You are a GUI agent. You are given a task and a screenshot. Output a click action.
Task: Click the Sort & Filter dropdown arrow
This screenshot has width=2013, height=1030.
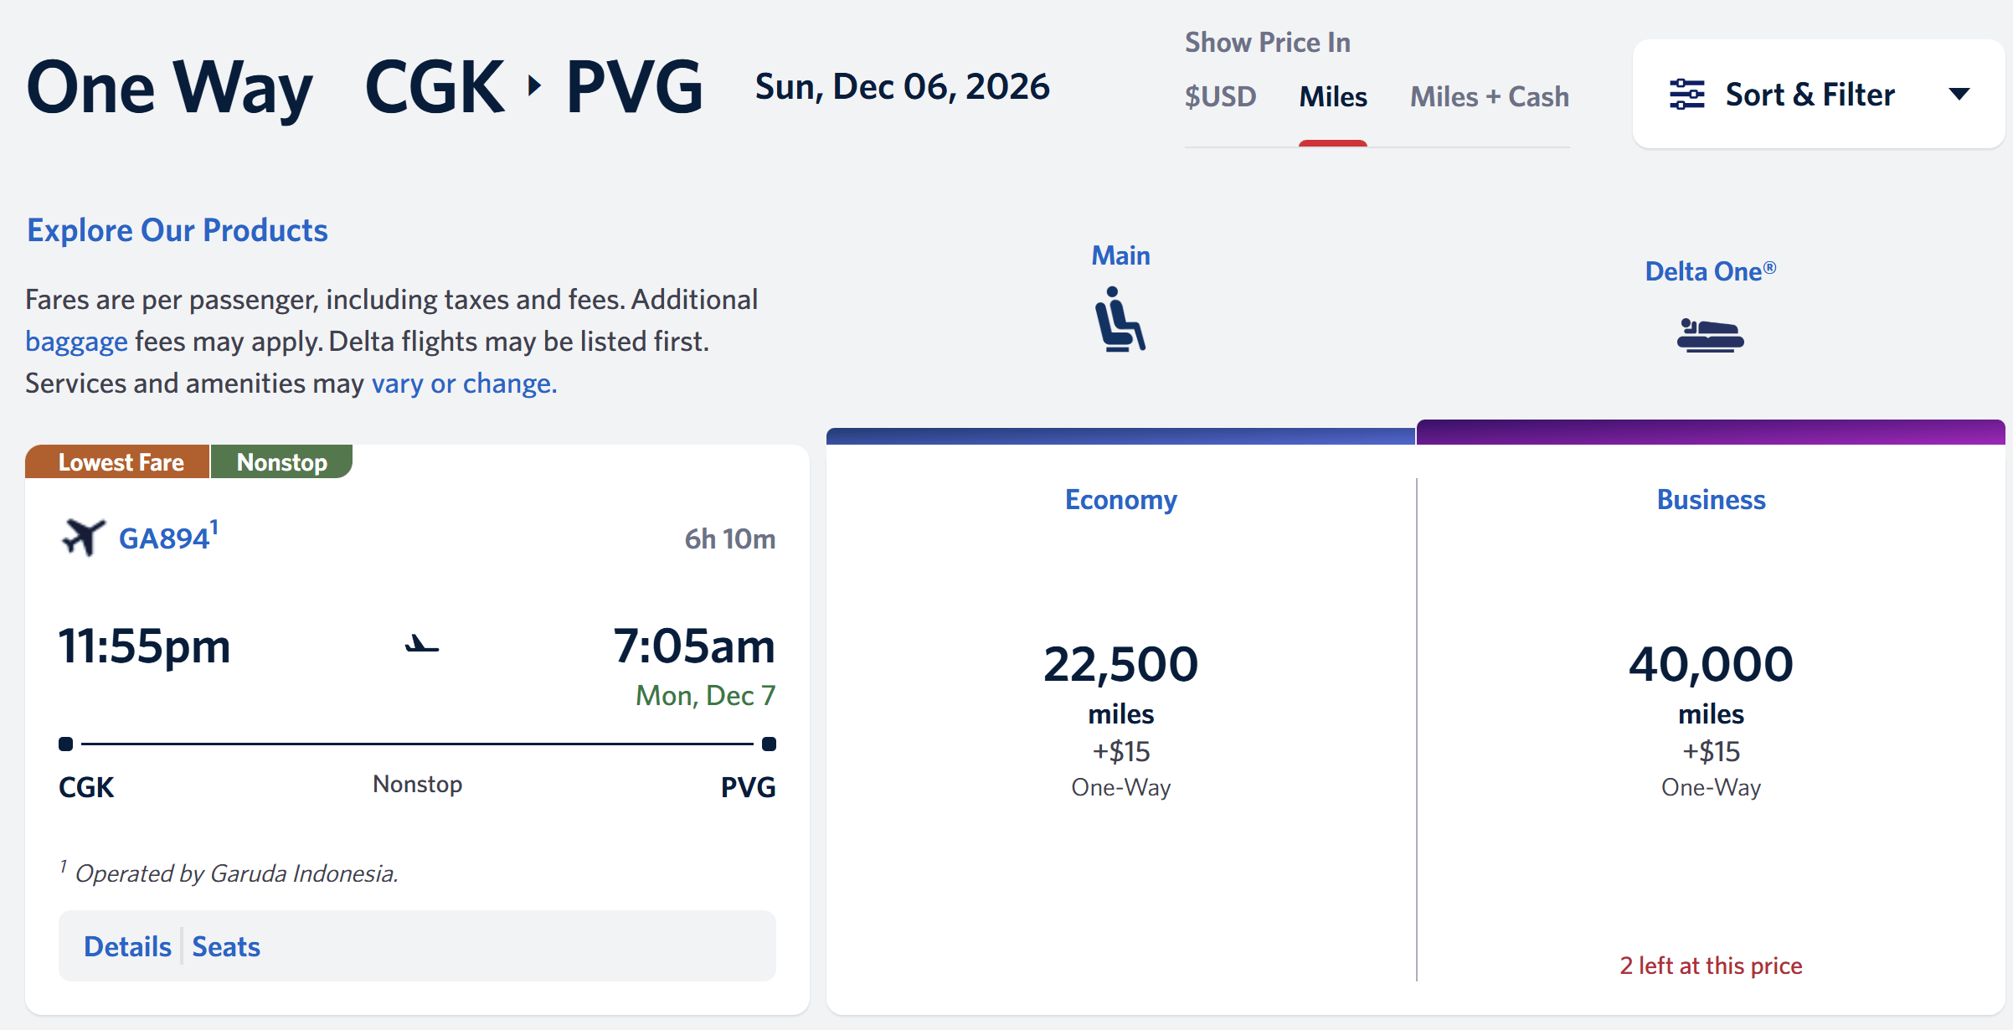[1959, 94]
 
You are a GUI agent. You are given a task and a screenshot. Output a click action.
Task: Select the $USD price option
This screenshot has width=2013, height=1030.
[1220, 96]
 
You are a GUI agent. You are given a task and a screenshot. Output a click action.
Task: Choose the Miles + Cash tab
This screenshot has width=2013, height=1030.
[1490, 96]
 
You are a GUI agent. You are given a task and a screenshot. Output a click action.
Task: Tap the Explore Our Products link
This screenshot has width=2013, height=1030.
[178, 230]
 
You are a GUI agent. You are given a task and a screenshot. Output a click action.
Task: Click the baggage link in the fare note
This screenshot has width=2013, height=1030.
[76, 342]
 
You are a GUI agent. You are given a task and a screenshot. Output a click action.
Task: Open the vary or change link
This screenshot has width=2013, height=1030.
[464, 384]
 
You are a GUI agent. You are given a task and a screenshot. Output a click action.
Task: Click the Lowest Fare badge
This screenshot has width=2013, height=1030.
[118, 461]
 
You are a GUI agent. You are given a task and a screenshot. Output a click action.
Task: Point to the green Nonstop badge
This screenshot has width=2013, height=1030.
[282, 461]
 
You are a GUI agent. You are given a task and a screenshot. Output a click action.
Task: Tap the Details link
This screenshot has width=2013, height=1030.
[127, 946]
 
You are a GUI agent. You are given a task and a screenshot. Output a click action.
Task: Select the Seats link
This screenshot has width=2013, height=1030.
[226, 946]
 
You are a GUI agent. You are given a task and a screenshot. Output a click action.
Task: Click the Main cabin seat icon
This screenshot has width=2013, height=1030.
[1120, 319]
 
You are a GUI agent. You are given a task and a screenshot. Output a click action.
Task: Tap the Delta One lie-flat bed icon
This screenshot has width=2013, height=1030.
[1710, 335]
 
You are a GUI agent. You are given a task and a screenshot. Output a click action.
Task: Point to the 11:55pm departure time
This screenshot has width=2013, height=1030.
[144, 646]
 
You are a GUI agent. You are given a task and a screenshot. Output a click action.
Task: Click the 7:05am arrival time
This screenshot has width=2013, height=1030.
[694, 646]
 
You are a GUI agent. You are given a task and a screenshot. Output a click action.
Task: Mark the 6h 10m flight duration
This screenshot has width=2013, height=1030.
[730, 539]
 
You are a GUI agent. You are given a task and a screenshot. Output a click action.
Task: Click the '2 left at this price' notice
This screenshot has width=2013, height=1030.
[1711, 966]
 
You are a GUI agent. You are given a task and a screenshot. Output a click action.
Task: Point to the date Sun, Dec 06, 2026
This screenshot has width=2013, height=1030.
[902, 87]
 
